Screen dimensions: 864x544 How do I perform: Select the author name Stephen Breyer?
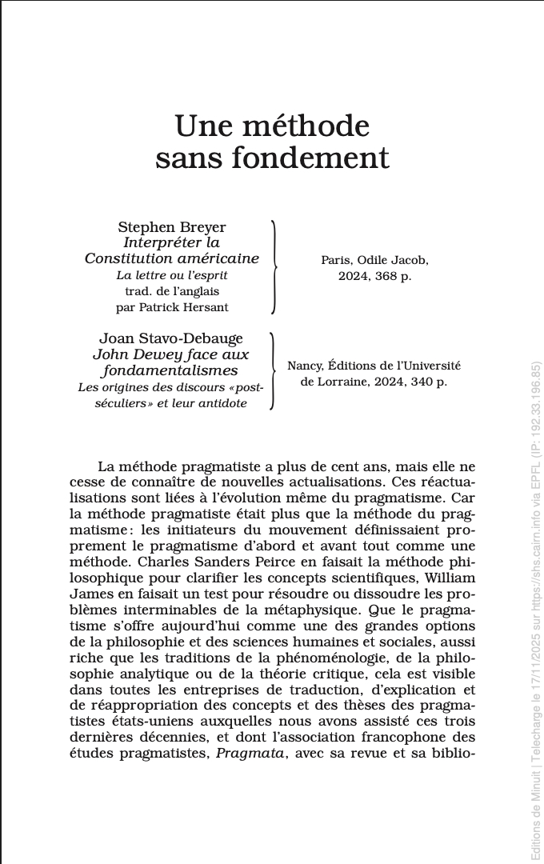point(172,228)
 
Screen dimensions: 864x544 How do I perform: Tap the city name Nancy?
point(305,366)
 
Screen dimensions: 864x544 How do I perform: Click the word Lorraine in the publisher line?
point(344,382)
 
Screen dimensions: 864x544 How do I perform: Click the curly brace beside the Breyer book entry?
point(274,266)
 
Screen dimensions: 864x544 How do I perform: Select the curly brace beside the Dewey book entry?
point(273,370)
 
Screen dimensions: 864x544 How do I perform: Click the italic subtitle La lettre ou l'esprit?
point(171,275)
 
